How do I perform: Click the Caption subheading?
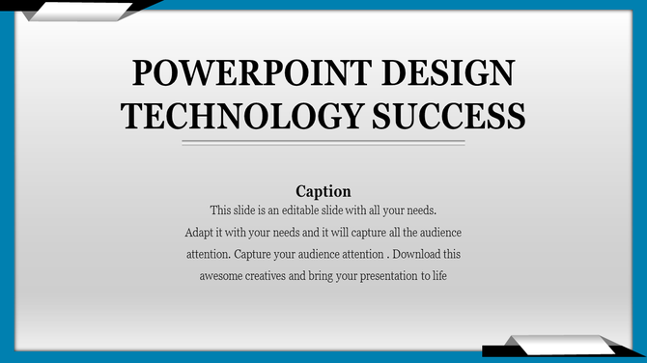coord(323,190)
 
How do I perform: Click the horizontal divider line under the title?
coord(323,143)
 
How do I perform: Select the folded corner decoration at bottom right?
coord(560,345)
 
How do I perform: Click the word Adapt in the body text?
coord(200,233)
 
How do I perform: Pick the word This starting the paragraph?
coord(220,209)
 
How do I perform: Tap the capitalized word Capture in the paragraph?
coord(255,255)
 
